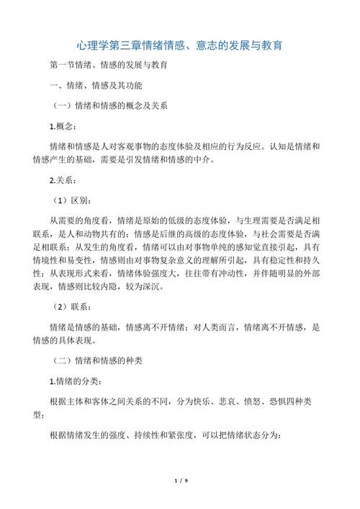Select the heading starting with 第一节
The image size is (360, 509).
point(109,66)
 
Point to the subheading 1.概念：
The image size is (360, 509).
point(67,126)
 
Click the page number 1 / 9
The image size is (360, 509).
point(180,479)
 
